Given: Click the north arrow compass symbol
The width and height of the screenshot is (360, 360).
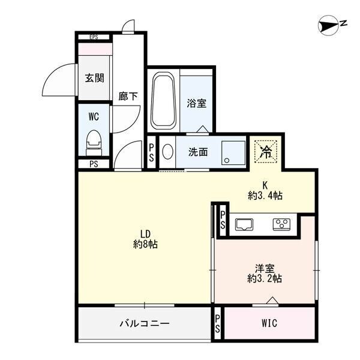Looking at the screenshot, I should [x=329, y=24].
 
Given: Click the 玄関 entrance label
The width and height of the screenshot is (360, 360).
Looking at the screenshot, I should [x=94, y=77].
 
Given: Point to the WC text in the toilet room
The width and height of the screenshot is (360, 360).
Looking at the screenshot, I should [x=93, y=115].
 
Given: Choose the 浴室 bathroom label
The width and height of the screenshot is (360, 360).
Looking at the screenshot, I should [x=197, y=103].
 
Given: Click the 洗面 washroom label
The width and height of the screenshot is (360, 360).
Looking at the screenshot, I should [x=198, y=152].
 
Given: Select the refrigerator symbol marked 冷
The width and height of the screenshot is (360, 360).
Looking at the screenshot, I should [x=265, y=151].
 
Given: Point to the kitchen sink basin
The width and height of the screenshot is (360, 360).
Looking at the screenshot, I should [x=245, y=224].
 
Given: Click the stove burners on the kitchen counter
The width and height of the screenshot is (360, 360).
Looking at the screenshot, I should [x=281, y=224].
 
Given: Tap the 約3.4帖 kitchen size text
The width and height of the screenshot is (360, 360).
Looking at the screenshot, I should [x=265, y=195].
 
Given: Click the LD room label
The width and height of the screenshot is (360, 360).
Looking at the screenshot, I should [x=145, y=233].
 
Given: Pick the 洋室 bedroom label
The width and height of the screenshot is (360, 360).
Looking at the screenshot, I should [x=265, y=268].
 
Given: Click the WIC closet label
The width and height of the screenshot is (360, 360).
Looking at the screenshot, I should [x=269, y=323].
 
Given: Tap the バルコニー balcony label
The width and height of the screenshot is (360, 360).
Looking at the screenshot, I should [x=144, y=323].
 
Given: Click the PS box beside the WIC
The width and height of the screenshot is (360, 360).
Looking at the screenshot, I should [x=217, y=323].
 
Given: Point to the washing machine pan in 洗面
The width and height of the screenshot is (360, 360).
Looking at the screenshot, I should [x=233, y=152].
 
